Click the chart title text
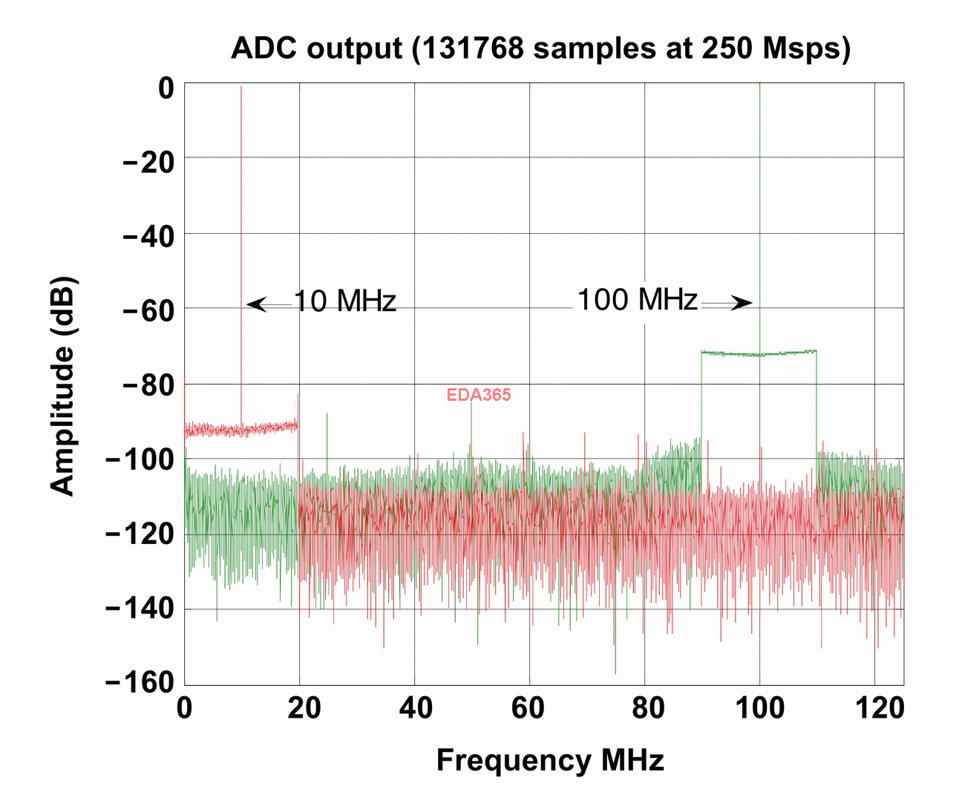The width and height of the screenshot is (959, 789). pyautogui.click(x=540, y=49)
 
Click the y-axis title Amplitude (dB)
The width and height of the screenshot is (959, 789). pyautogui.click(x=64, y=386)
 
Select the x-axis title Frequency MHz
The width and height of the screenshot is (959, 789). pyautogui.click(x=550, y=761)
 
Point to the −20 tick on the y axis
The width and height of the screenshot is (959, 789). pyautogui.click(x=148, y=161)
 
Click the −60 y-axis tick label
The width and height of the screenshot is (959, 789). pyautogui.click(x=148, y=310)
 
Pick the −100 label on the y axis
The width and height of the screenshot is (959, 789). pyautogui.click(x=140, y=459)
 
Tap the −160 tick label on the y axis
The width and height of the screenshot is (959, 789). pyautogui.click(x=140, y=683)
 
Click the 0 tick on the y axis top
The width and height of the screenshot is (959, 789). pyautogui.click(x=166, y=89)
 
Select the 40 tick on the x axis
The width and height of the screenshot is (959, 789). pyautogui.click(x=416, y=709)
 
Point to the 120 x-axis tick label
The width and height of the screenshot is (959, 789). pyautogui.click(x=880, y=709)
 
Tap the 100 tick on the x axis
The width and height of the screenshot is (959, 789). pyautogui.click(x=759, y=709)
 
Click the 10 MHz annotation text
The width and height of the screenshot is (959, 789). pyautogui.click(x=345, y=301)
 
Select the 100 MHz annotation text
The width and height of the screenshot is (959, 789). pyautogui.click(x=638, y=300)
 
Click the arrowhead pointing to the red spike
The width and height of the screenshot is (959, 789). pyautogui.click(x=255, y=304)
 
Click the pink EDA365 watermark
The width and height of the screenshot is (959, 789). pyautogui.click(x=479, y=395)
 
